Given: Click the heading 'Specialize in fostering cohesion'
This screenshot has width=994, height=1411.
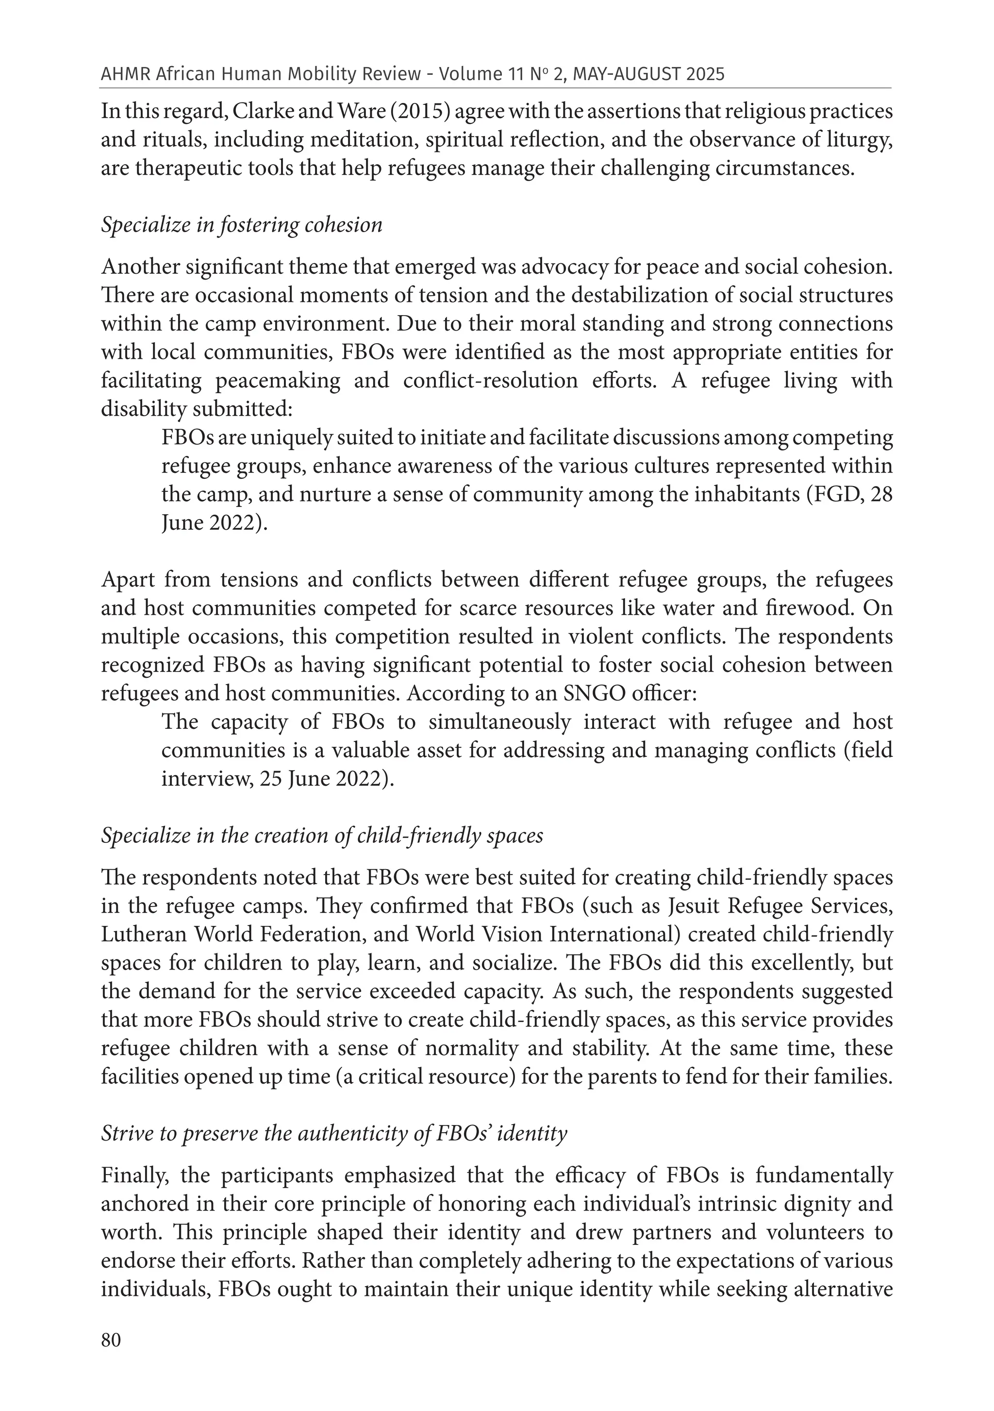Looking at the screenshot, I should [x=241, y=225].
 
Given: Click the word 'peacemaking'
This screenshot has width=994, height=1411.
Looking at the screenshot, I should [x=278, y=381].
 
